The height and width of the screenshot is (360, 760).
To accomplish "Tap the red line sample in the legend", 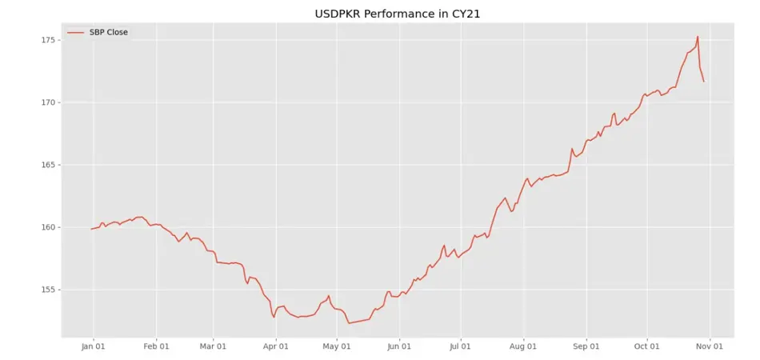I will [x=76, y=32].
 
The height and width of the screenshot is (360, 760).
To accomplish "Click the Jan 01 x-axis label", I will [x=94, y=346].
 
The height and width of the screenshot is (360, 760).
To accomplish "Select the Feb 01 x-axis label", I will [x=156, y=346].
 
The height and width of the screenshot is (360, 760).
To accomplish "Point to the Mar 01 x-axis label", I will [x=213, y=346].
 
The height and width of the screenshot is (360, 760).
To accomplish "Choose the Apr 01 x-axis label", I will [x=275, y=346].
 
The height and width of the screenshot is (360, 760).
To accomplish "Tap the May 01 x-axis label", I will [x=336, y=346].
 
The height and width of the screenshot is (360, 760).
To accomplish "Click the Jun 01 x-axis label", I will [x=399, y=346].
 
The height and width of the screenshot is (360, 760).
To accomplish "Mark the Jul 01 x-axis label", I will [x=460, y=346].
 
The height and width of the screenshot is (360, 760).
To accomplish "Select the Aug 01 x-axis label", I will [x=523, y=346].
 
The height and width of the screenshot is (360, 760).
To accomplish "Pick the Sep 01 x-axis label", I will [x=586, y=346].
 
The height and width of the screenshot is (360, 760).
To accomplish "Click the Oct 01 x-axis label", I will [x=646, y=346].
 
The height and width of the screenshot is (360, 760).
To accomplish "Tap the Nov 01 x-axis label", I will [x=709, y=346].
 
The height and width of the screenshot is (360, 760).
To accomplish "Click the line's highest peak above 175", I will [x=698, y=36].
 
